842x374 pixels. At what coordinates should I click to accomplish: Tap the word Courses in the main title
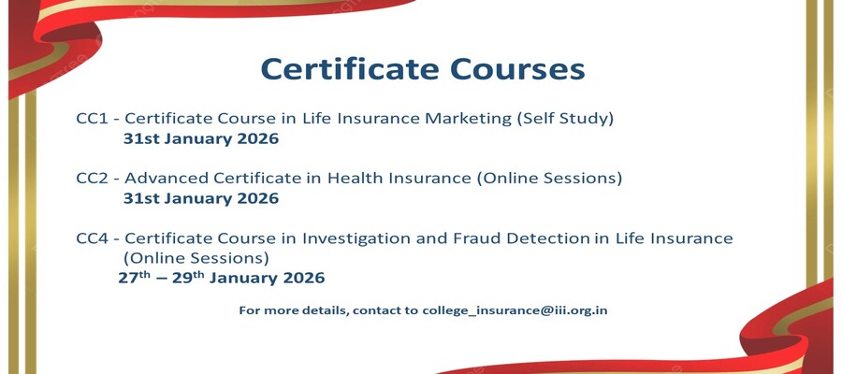click(x=517, y=69)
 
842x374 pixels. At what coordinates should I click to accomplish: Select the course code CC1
click(x=93, y=119)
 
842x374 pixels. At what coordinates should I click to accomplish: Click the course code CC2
click(x=93, y=179)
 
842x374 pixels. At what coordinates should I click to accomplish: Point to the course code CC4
click(x=93, y=238)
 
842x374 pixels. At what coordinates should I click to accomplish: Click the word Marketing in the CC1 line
click(x=469, y=119)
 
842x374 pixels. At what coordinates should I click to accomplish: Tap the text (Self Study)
click(x=565, y=119)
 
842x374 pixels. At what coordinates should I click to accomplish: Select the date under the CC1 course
click(x=201, y=139)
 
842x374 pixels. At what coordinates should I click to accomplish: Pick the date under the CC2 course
click(x=201, y=198)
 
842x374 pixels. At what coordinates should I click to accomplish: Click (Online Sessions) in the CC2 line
click(x=549, y=179)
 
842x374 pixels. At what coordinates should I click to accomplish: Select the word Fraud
click(x=474, y=238)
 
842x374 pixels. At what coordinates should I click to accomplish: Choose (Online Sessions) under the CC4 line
click(x=196, y=259)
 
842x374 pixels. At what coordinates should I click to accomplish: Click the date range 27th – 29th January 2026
click(x=222, y=278)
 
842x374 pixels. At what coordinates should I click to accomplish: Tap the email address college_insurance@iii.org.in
click(x=515, y=310)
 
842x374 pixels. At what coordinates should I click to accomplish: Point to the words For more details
click(x=294, y=310)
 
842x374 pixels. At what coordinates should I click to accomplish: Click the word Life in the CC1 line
click(x=314, y=119)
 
